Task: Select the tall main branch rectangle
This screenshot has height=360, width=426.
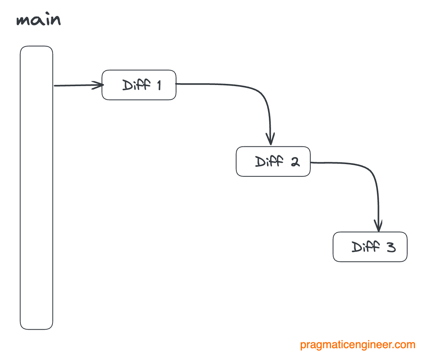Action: pos(36,187)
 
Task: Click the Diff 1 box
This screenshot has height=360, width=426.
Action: pos(139,85)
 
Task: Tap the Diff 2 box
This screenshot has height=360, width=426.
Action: pos(273,162)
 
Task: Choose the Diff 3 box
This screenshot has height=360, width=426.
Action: pos(370,247)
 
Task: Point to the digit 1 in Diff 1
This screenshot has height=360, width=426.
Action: pos(158,85)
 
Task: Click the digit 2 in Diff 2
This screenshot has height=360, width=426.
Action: pos(295,162)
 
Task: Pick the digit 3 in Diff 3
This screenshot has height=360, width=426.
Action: pos(390,247)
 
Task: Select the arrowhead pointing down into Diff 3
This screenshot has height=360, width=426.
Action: pos(378,225)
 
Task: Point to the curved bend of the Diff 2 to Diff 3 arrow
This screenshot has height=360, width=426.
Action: pos(372,172)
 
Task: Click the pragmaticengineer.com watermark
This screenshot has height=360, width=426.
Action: pos(358,345)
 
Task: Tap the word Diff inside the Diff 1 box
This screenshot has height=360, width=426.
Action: pos(136,85)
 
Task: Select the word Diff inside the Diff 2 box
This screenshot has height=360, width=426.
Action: pos(269,162)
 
